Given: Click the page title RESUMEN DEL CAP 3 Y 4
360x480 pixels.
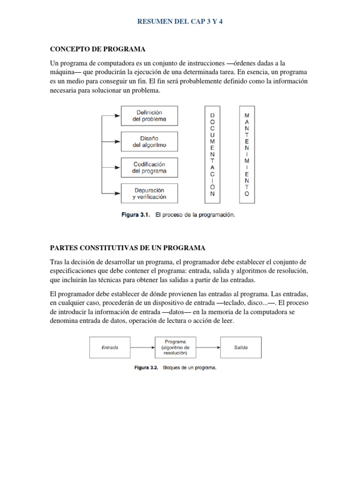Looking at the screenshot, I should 180,22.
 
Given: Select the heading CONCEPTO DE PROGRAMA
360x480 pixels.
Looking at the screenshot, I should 97,49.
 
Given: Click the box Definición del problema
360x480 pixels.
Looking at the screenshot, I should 149,116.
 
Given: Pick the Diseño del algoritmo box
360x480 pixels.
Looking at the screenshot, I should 149,142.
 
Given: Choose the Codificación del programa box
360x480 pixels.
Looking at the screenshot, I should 149,168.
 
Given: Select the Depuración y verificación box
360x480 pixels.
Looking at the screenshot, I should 149,194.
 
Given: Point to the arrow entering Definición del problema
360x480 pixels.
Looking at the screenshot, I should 112,115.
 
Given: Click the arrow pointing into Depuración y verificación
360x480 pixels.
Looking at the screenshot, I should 112,193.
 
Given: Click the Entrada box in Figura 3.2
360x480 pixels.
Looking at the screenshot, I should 110,348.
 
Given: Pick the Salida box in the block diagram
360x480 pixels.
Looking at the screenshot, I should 241,348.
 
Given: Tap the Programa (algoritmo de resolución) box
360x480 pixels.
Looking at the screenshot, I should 175,348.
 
